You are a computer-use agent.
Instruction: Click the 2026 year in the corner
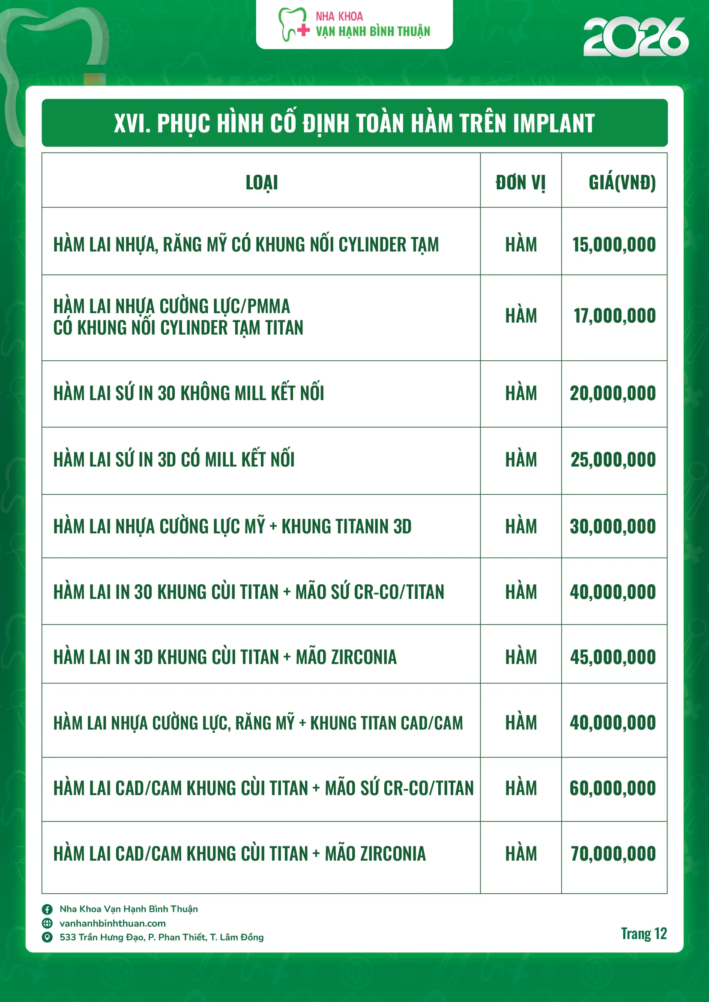click(x=636, y=37)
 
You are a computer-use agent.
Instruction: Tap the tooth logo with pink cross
click(x=293, y=25)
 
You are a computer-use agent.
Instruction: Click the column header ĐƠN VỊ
click(x=521, y=182)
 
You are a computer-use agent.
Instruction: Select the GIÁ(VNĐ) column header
click(x=622, y=182)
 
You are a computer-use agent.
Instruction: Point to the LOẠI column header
click(x=261, y=182)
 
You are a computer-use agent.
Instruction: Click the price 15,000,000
click(x=614, y=245)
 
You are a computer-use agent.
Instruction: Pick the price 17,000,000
click(x=614, y=316)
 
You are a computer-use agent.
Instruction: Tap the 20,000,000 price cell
click(x=613, y=393)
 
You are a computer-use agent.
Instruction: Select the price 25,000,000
click(x=613, y=460)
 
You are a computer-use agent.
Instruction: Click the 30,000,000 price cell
click(x=613, y=526)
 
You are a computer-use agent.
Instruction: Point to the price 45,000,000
click(x=613, y=657)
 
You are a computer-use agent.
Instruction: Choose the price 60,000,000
click(x=613, y=788)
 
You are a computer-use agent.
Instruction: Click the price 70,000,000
click(x=613, y=853)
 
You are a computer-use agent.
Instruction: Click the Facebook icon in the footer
click(x=47, y=909)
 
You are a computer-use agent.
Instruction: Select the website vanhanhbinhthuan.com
click(x=113, y=924)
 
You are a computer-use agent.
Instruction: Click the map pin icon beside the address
click(x=47, y=937)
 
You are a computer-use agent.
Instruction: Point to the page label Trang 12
click(x=643, y=934)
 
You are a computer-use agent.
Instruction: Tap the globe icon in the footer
click(x=47, y=924)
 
